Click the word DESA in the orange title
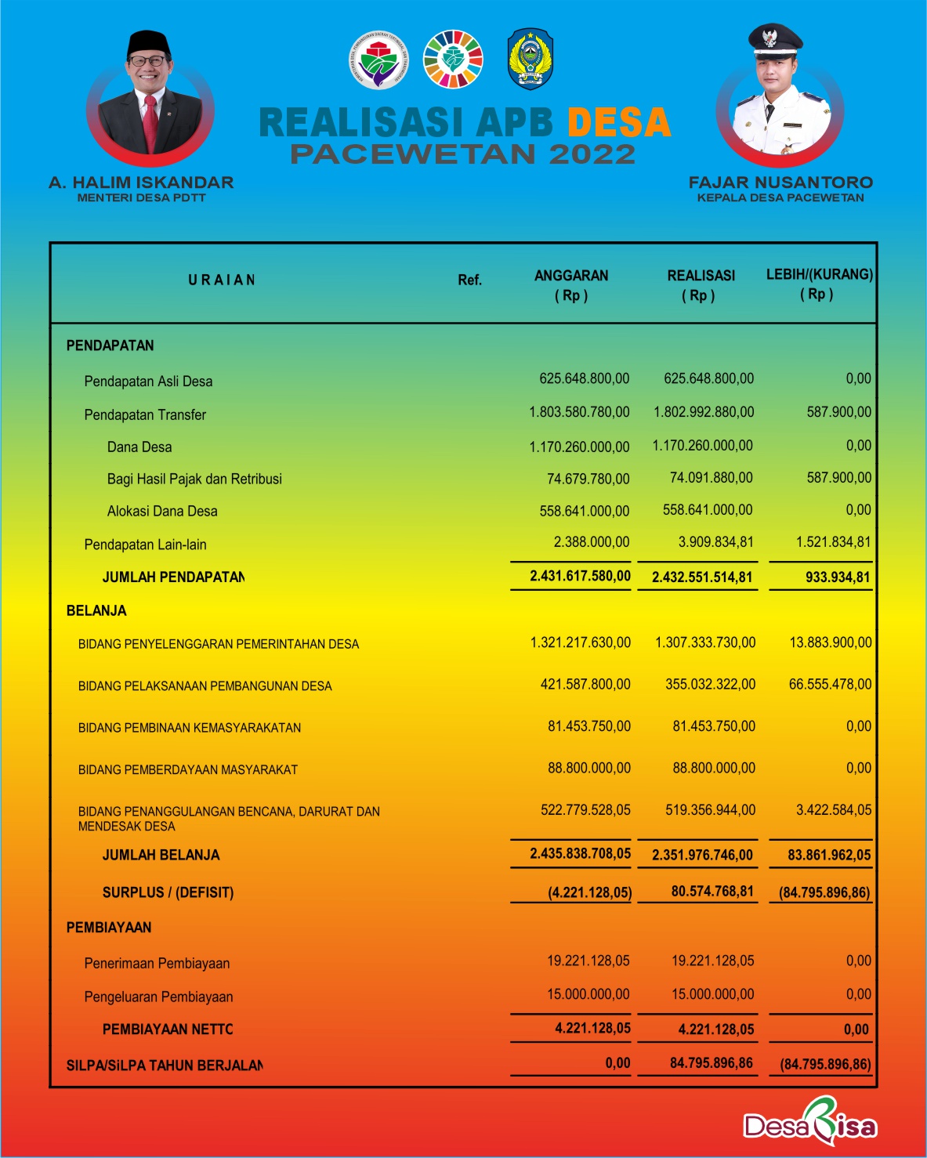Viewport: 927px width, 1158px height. point(618,123)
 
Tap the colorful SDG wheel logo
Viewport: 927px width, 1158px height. point(453,60)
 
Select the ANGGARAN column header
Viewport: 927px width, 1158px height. point(571,276)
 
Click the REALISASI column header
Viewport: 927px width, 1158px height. point(701,276)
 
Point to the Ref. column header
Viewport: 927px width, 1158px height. point(469,280)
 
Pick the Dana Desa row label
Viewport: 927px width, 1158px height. point(139,447)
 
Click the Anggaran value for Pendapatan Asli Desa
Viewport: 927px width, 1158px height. point(584,378)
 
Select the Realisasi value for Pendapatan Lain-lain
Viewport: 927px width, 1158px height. point(715,542)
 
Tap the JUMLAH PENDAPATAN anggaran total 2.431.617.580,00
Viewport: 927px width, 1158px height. point(580,576)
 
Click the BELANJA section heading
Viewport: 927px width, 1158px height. point(96,611)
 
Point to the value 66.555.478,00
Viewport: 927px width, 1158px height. point(830,684)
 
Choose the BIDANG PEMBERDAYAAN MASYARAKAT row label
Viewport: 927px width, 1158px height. point(188,770)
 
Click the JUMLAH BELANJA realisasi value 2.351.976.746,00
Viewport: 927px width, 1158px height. point(702,855)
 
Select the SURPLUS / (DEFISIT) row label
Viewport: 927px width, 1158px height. point(168,892)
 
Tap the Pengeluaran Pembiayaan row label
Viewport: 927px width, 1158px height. point(158,997)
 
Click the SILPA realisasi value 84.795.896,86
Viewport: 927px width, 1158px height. point(712,1063)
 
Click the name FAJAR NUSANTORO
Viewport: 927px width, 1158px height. point(780,183)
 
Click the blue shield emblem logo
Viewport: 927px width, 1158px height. point(530,60)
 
